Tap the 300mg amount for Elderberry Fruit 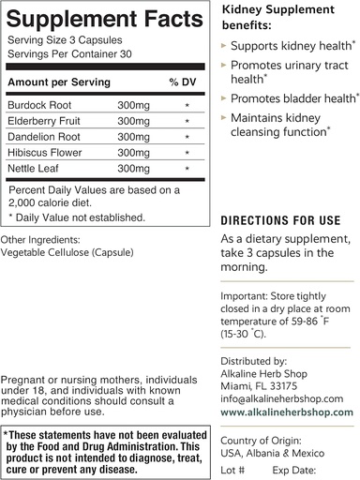click(133, 121)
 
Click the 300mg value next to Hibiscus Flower click(133, 152)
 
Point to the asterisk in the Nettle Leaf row click(187, 168)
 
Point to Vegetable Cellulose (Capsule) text click(68, 252)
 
